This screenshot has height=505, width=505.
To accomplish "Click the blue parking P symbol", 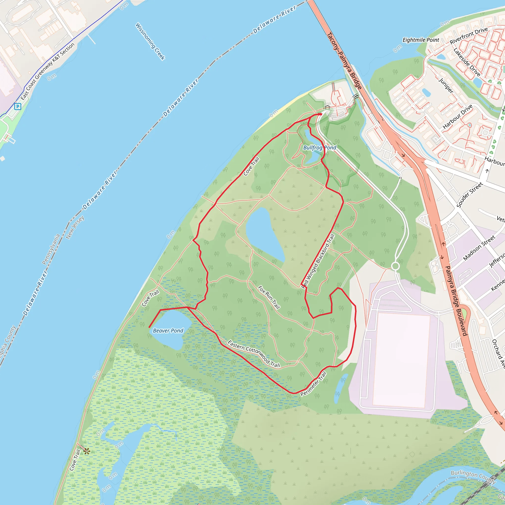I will [18, 106].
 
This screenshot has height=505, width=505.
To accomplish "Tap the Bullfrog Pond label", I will [319, 148].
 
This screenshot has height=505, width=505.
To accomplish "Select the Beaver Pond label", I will [168, 331].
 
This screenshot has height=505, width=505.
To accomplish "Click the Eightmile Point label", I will [421, 40].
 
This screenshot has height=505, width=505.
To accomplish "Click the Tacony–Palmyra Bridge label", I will [344, 61].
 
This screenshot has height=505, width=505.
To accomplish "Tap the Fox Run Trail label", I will [269, 297].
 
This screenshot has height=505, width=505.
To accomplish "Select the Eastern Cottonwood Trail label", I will [254, 354].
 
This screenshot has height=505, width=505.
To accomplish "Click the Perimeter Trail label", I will [313, 384].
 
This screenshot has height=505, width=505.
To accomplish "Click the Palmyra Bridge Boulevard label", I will [456, 301].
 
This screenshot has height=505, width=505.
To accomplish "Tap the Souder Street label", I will [469, 195].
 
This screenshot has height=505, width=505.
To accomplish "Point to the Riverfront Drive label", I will [469, 36].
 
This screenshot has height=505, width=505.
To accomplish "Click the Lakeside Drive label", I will [467, 62].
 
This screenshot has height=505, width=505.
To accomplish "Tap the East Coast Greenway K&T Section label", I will [48, 71].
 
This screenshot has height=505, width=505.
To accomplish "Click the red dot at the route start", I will [321, 114].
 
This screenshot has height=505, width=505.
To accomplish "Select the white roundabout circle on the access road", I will [395, 266].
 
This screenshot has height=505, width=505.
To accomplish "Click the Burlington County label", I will [473, 477].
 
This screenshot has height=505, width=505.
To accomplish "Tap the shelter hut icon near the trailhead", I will [327, 107].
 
